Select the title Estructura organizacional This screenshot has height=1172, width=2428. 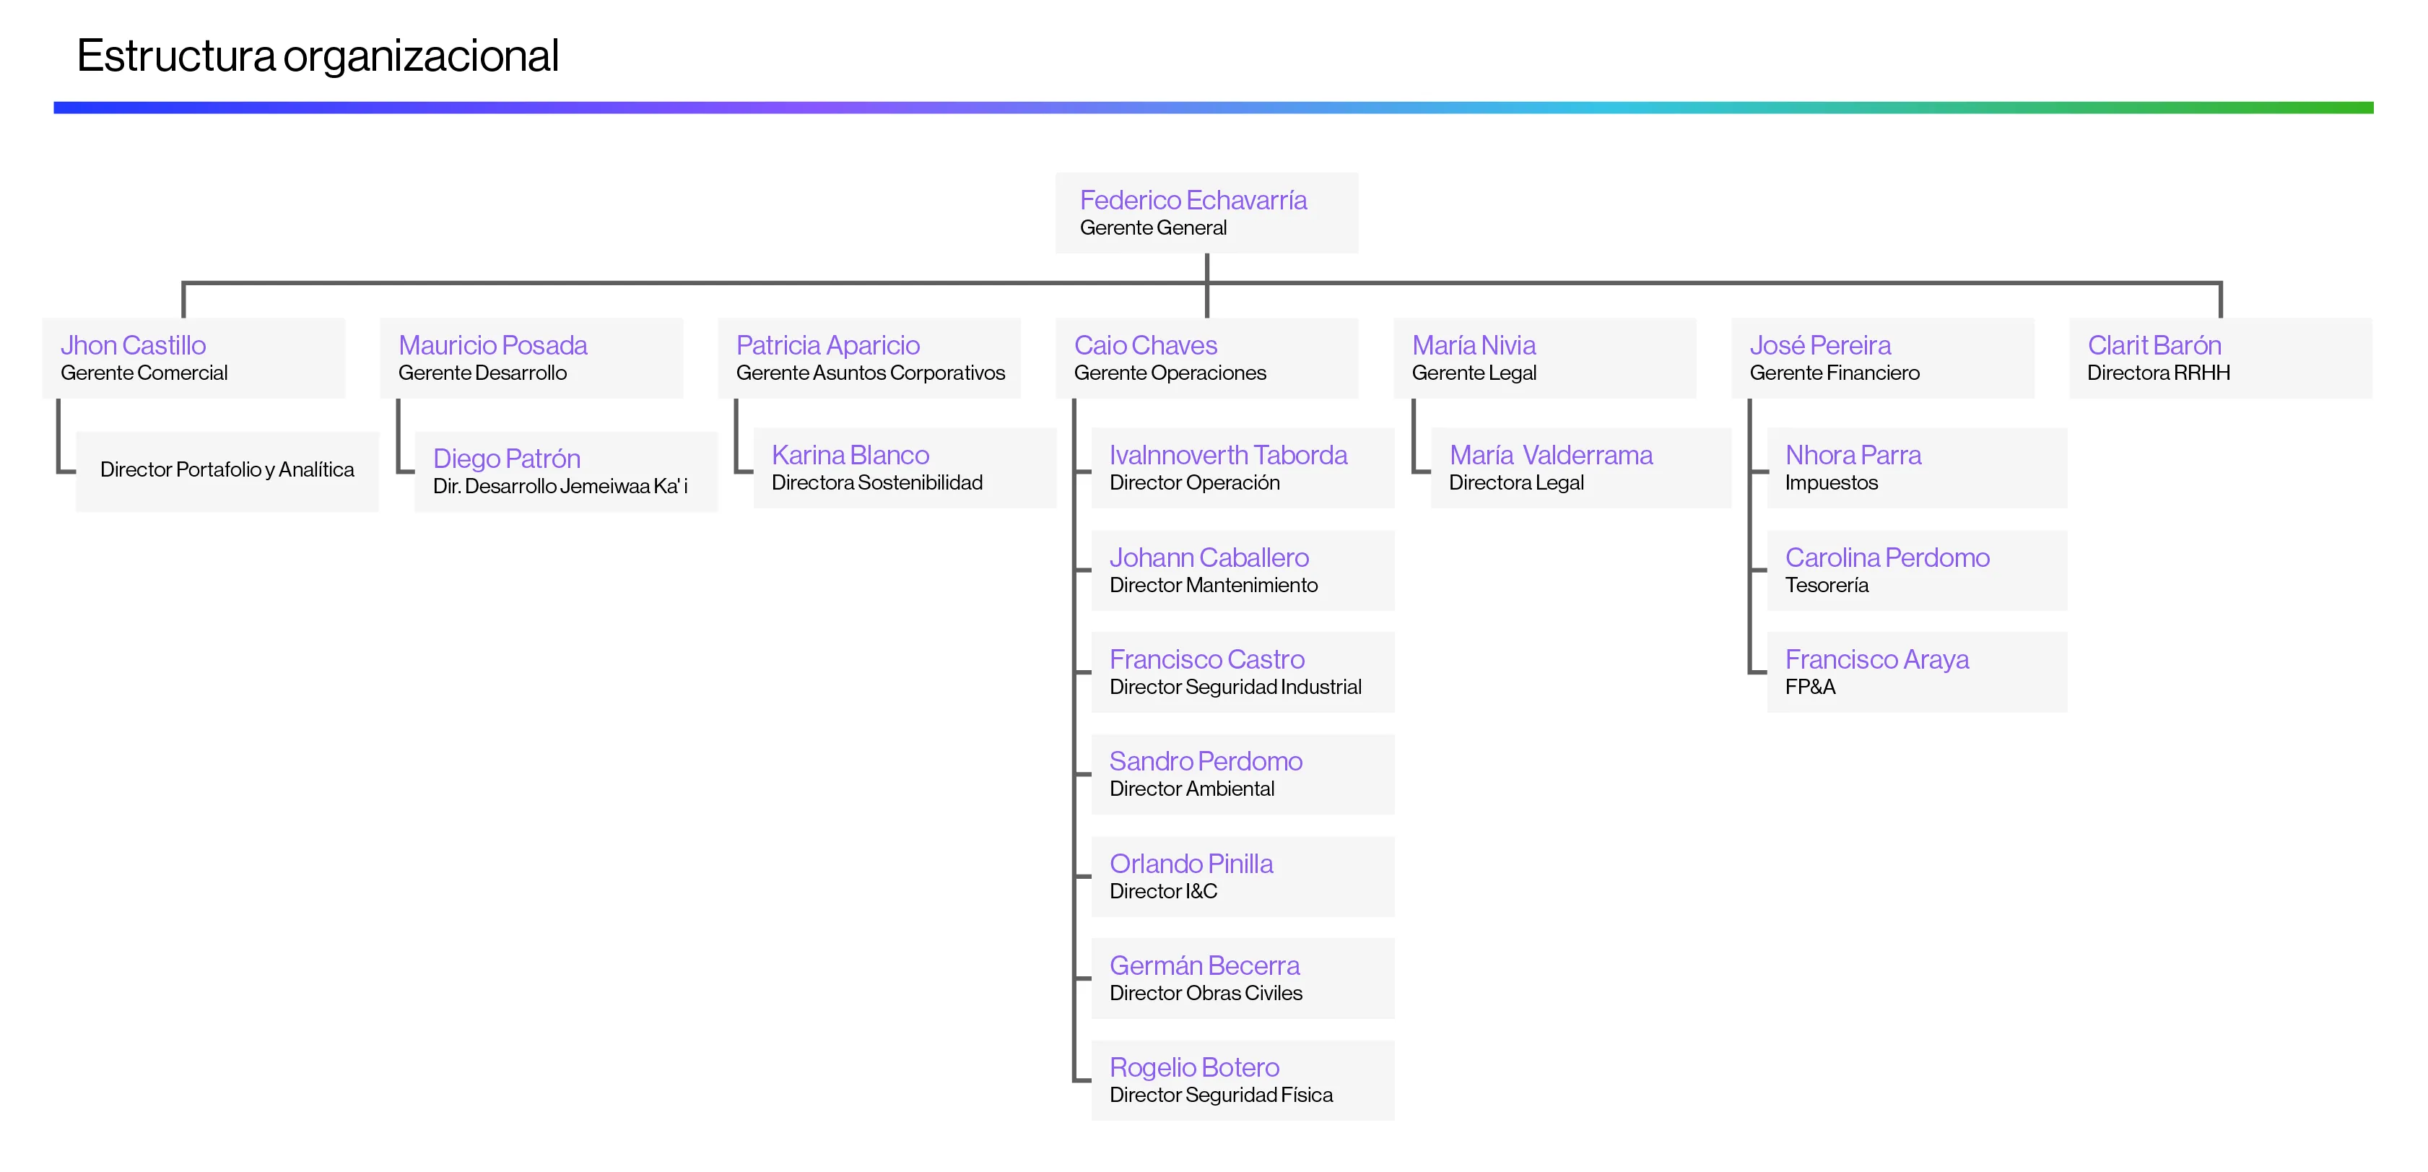pyautogui.click(x=318, y=56)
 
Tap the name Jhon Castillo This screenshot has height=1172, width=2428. pyautogui.click(x=133, y=346)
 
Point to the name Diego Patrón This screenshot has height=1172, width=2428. pyautogui.click(x=506, y=459)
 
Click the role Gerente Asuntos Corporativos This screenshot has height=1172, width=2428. pyautogui.click(x=870, y=373)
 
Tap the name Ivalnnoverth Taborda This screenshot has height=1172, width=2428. pyautogui.click(x=1227, y=456)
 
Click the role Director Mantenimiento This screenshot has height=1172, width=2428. pyautogui.click(x=1213, y=586)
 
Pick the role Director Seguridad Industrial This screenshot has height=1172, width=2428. pyautogui.click(x=1235, y=687)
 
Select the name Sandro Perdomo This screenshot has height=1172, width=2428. pyautogui.click(x=1206, y=762)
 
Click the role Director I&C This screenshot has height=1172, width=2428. pyautogui.click(x=1163, y=892)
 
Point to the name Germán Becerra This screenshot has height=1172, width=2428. pyautogui.click(x=1204, y=966)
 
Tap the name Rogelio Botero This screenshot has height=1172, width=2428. pyautogui.click(x=1194, y=1068)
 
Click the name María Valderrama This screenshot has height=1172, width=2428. pyautogui.click(x=1551, y=456)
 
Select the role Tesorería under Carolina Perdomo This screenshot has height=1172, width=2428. pyautogui.click(x=1826, y=586)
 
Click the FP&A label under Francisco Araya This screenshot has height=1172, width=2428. pyautogui.click(x=1810, y=687)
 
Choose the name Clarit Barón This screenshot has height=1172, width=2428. pyautogui.click(x=2154, y=346)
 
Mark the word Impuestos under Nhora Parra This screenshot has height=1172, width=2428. pyautogui.click(x=1830, y=483)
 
